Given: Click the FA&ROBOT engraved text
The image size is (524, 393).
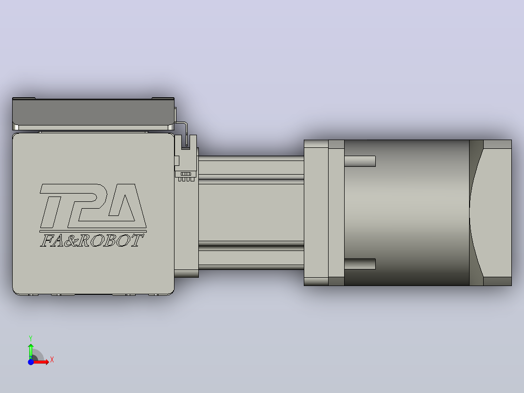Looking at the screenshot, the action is (92, 240).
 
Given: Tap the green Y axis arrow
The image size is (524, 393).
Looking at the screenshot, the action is (31, 351).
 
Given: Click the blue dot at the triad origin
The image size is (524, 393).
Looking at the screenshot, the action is (31, 362).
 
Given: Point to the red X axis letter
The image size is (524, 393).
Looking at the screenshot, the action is (52, 360).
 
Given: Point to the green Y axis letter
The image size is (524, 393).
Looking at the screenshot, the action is (31, 339).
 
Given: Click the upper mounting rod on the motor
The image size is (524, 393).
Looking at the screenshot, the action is (360, 161).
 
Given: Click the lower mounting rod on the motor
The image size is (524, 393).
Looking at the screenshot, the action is (360, 264).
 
